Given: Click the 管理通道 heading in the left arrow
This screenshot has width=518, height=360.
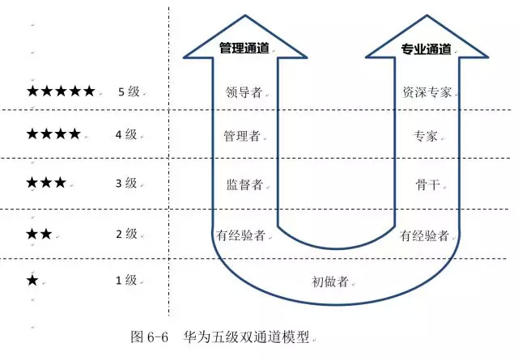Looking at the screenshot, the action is pyautogui.click(x=244, y=49).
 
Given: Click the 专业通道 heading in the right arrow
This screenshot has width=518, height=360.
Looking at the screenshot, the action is pyautogui.click(x=427, y=49).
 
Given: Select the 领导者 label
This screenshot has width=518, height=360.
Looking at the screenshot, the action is pyautogui.click(x=244, y=92).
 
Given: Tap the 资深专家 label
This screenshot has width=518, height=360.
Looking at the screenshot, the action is pyautogui.click(x=427, y=92).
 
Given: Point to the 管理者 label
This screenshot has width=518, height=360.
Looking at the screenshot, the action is pyautogui.click(x=242, y=136).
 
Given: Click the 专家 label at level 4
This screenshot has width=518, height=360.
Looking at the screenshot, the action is pyautogui.click(x=426, y=136).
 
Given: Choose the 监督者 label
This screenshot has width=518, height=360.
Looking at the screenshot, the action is pyautogui.click(x=244, y=184).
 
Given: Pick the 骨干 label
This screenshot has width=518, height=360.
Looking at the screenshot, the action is pyautogui.click(x=428, y=184).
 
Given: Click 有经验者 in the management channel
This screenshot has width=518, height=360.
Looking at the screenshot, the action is pyautogui.click(x=241, y=235).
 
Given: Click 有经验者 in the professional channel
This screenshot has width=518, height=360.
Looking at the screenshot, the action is pyautogui.click(x=424, y=235).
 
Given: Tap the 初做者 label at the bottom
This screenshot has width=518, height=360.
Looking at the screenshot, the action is pyautogui.click(x=330, y=282).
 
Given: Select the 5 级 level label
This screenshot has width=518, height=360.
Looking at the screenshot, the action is pyautogui.click(x=129, y=91).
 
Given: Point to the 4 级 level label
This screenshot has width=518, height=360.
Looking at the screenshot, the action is pyautogui.click(x=126, y=134).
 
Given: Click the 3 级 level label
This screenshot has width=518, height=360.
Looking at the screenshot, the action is pyautogui.click(x=126, y=183).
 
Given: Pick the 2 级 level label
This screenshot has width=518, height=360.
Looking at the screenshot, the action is pyautogui.click(x=126, y=234).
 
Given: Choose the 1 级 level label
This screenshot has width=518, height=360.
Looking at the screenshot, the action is pyautogui.click(x=126, y=281).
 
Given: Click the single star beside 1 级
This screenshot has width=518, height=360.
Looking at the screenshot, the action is pyautogui.click(x=32, y=281).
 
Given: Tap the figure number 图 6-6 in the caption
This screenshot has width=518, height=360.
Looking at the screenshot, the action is pyautogui.click(x=149, y=337).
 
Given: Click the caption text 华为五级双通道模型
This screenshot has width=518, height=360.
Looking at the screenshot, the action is pyautogui.click(x=246, y=337).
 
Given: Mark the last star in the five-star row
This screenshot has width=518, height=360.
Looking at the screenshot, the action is pyautogui.click(x=89, y=91).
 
